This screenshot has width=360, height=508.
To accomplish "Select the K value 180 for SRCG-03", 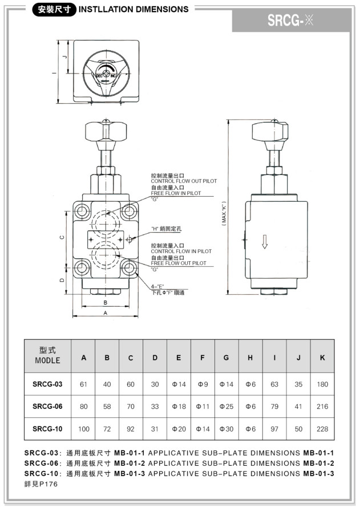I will pyautogui.click(x=322, y=384).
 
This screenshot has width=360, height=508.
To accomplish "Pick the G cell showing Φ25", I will pyautogui.click(x=226, y=407).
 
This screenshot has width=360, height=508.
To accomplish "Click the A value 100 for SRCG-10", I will pyautogui.click(x=84, y=429).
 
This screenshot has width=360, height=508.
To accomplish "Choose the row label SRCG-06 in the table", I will pyautogui.click(x=47, y=407).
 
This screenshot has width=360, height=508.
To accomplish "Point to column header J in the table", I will pyautogui.click(x=298, y=357).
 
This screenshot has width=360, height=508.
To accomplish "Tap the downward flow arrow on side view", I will pyautogui.click(x=264, y=242).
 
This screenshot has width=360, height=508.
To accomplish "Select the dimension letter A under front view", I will pyautogui.click(x=106, y=313).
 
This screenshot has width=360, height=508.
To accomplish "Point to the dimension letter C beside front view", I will pyautogui.click(x=62, y=237).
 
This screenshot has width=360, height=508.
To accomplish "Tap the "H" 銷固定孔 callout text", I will pyautogui.click(x=166, y=229).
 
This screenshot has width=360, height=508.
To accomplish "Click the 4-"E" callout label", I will pyautogui.click(x=157, y=286).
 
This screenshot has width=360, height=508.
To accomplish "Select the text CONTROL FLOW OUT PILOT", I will pyautogui.click(x=184, y=181).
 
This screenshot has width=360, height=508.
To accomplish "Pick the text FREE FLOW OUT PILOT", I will pyautogui.click(x=179, y=263).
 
